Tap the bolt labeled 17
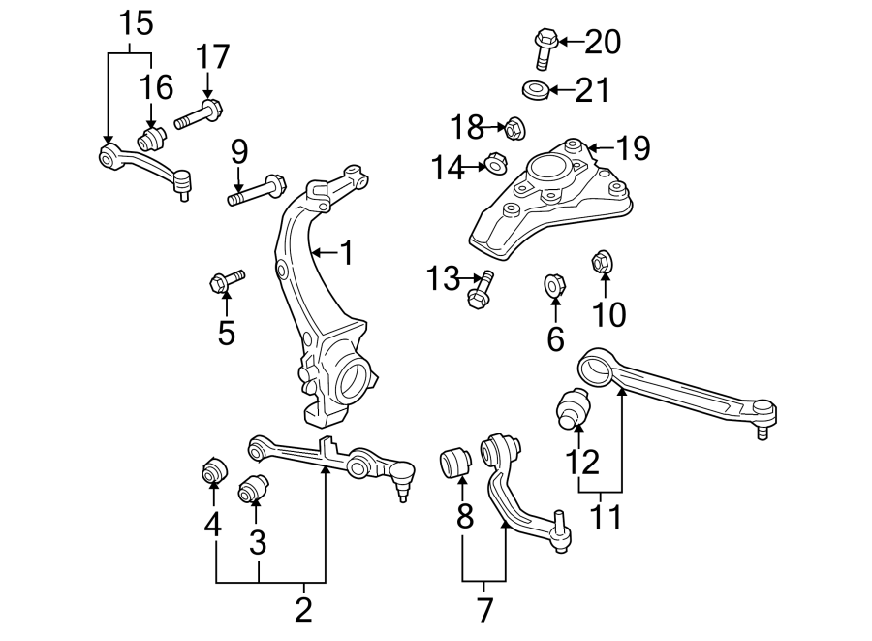(x=198, y=117)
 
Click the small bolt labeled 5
(x=225, y=282)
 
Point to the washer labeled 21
(x=534, y=91)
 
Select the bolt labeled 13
(x=482, y=289)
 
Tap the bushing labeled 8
(x=454, y=463)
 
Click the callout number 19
(x=632, y=149)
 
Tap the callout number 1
(x=345, y=255)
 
